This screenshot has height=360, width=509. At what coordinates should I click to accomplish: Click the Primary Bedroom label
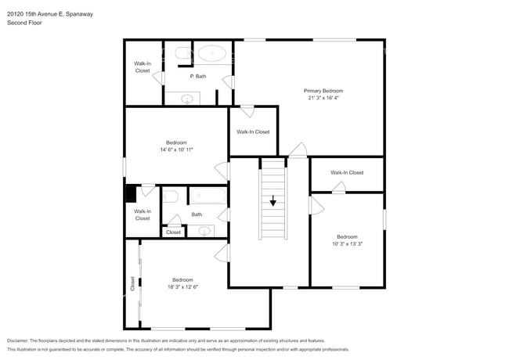pyautogui.click(x=323, y=91)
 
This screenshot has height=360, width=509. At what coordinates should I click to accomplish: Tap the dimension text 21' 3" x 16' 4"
pyautogui.click(x=323, y=98)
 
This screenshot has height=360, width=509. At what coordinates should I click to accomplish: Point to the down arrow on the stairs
pyautogui.click(x=273, y=201)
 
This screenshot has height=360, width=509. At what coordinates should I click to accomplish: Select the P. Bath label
pyautogui.click(x=198, y=77)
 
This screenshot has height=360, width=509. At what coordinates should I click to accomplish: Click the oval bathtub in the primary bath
pyautogui.click(x=212, y=53)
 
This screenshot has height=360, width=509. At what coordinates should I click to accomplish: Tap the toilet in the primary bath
pyautogui.click(x=183, y=53)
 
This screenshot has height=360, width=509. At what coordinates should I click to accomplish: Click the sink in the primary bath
pyautogui.click(x=187, y=99)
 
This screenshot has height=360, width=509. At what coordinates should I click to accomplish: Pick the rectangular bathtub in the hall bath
pyautogui.click(x=208, y=196)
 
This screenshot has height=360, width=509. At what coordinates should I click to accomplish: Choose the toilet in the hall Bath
pyautogui.click(x=171, y=196)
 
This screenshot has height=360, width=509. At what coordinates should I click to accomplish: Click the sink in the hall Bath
pyautogui.click(x=204, y=231)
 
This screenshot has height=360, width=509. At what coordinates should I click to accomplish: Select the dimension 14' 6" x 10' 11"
pyautogui.click(x=177, y=149)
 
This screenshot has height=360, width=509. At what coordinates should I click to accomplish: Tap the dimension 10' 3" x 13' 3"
pyautogui.click(x=347, y=244)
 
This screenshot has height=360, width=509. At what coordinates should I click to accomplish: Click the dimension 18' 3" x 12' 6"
pyautogui.click(x=182, y=287)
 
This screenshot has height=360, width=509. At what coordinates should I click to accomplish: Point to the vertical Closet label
pyautogui.click(x=132, y=284)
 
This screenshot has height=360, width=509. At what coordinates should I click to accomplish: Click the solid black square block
pyautogui.click(x=131, y=193)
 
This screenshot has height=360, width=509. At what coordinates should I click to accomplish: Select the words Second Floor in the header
pyautogui.click(x=25, y=23)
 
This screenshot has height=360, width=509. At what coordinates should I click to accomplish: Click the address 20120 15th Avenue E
pyautogui.click(x=35, y=14)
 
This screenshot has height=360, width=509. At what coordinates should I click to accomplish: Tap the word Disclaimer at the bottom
pyautogui.click(x=18, y=340)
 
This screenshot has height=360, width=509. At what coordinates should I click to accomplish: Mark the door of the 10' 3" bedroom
pyautogui.click(x=316, y=205)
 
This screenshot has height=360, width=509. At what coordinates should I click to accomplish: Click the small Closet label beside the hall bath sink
pyautogui.click(x=173, y=232)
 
